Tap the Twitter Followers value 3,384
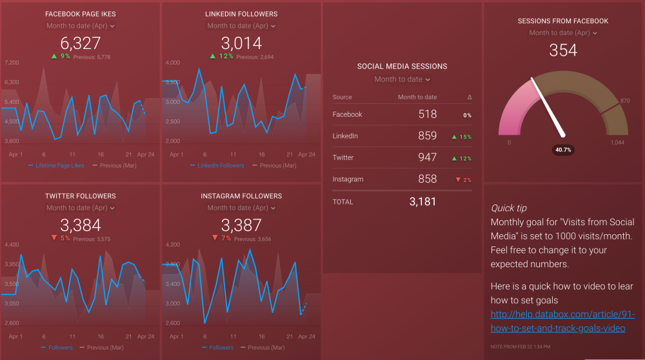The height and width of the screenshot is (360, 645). (81, 225)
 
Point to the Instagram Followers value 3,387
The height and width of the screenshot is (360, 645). (241, 225)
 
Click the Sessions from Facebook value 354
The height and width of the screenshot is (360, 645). (562, 50)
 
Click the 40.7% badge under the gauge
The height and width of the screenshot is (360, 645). (564, 150)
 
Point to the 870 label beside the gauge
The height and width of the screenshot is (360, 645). (624, 101)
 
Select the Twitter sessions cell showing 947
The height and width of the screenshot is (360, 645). (427, 157)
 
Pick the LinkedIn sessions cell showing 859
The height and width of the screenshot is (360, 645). (427, 136)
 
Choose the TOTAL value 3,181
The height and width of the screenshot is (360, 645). (422, 202)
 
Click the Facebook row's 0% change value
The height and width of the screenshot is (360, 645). (466, 115)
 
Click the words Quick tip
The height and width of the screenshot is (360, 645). (508, 208)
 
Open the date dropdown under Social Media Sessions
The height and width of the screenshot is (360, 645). (402, 79)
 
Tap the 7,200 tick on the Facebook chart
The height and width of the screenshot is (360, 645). (12, 63)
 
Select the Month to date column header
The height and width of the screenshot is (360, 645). (417, 97)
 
